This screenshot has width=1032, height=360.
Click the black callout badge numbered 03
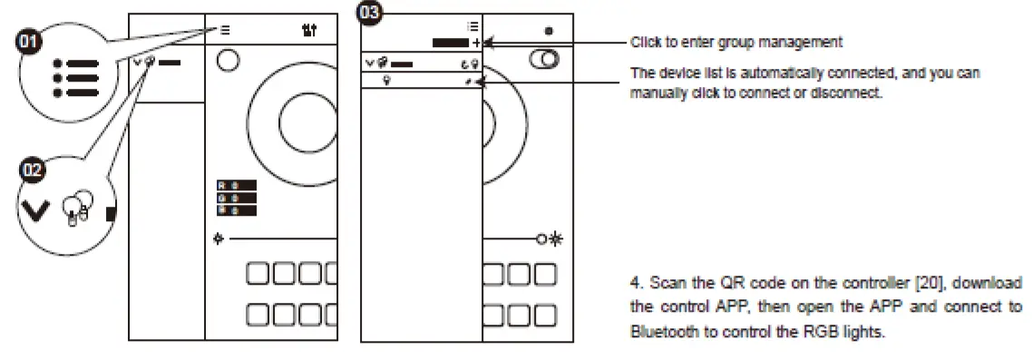(x=370, y=12)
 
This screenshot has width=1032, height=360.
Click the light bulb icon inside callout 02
(x=76, y=208)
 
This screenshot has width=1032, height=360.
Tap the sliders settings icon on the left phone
(x=309, y=31)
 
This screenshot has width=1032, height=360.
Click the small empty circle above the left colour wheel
(x=228, y=61)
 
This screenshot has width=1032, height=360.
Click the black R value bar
(x=236, y=186)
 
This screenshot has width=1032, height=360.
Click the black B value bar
(x=236, y=210)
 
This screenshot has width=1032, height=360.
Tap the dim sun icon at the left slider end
(x=219, y=239)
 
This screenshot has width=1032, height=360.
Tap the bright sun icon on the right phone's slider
(x=555, y=239)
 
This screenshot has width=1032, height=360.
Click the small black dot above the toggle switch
(x=549, y=31)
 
